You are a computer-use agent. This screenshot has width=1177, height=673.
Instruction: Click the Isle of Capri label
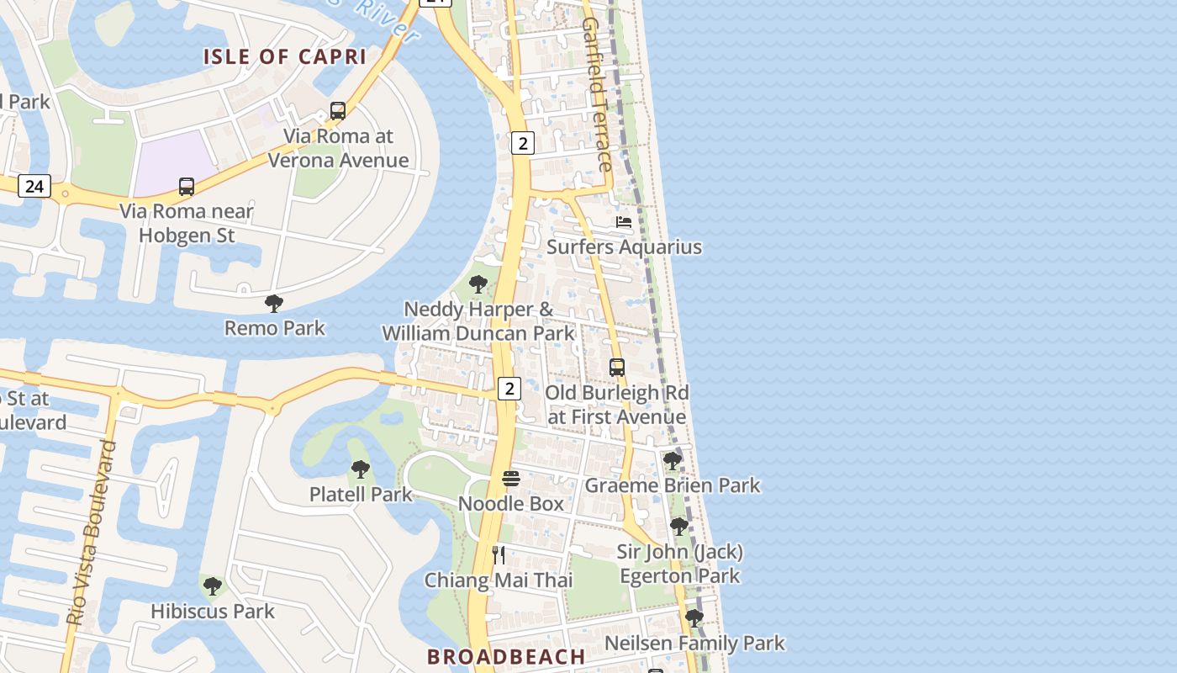point(285,57)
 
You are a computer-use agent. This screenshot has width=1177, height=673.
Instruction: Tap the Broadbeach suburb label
point(506,656)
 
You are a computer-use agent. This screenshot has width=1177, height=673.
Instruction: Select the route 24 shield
point(34,186)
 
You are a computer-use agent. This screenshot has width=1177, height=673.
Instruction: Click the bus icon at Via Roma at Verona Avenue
point(338,110)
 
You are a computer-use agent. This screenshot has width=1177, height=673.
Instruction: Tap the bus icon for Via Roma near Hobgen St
point(187,187)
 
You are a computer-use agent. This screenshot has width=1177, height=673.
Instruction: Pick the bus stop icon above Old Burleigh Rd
point(617,368)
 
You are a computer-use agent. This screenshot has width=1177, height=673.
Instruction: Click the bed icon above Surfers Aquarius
point(624,222)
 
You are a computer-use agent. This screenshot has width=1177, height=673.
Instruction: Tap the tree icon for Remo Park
point(274,304)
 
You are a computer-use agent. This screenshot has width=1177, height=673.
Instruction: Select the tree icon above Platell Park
point(361,469)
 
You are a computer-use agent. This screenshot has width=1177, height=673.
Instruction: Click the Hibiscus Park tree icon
point(213,586)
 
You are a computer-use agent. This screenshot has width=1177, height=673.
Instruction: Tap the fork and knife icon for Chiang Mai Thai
point(499,555)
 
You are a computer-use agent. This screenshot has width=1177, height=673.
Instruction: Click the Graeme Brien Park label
point(672,485)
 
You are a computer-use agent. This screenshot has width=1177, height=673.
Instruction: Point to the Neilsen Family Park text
point(694,644)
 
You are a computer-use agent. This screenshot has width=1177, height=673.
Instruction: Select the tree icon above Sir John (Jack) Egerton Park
point(679,527)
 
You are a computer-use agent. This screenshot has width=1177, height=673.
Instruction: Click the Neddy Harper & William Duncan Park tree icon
point(478,284)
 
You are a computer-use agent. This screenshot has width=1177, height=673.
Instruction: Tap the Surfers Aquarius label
point(624,246)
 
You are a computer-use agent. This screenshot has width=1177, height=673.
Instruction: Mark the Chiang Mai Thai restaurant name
point(499,580)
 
